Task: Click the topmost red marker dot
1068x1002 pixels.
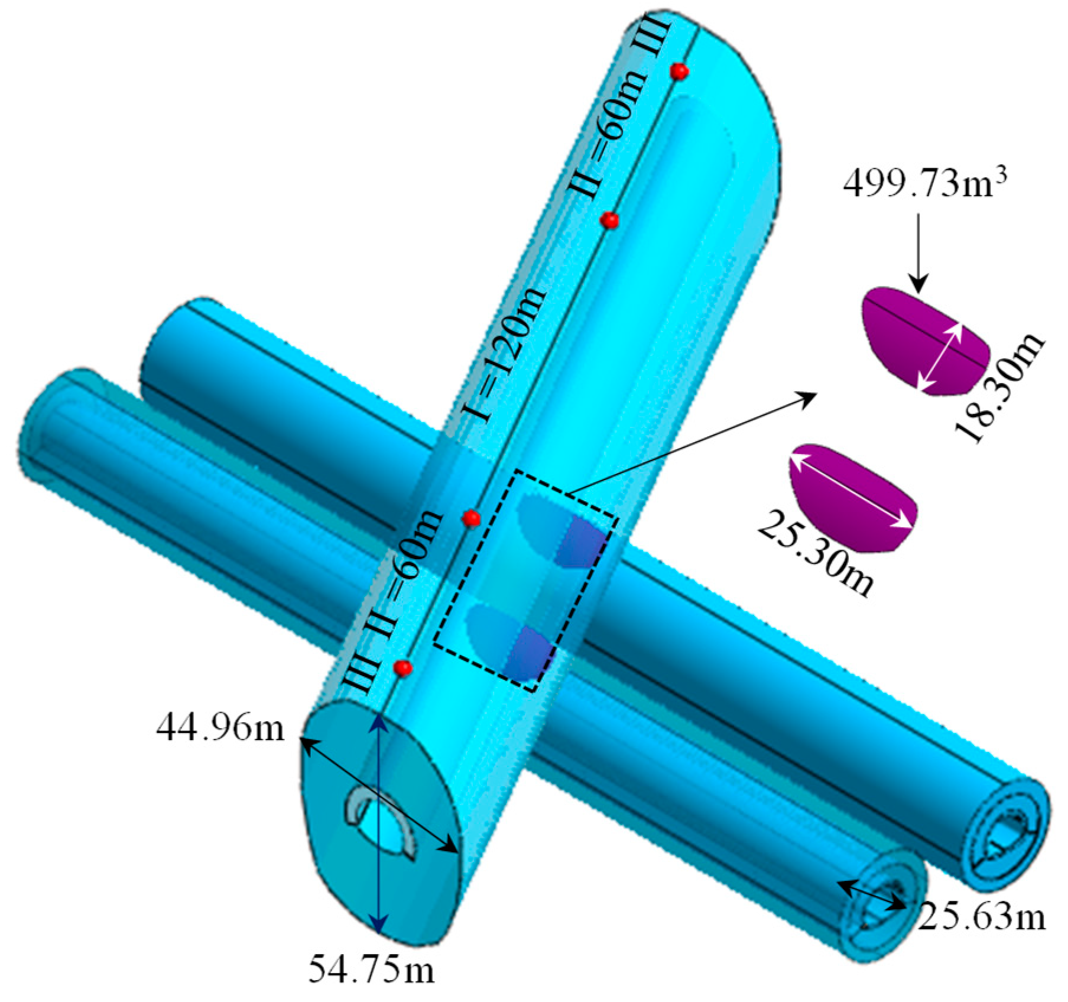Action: click(x=680, y=71)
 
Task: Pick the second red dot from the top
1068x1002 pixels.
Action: click(x=609, y=220)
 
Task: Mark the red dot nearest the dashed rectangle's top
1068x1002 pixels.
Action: click(x=471, y=518)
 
